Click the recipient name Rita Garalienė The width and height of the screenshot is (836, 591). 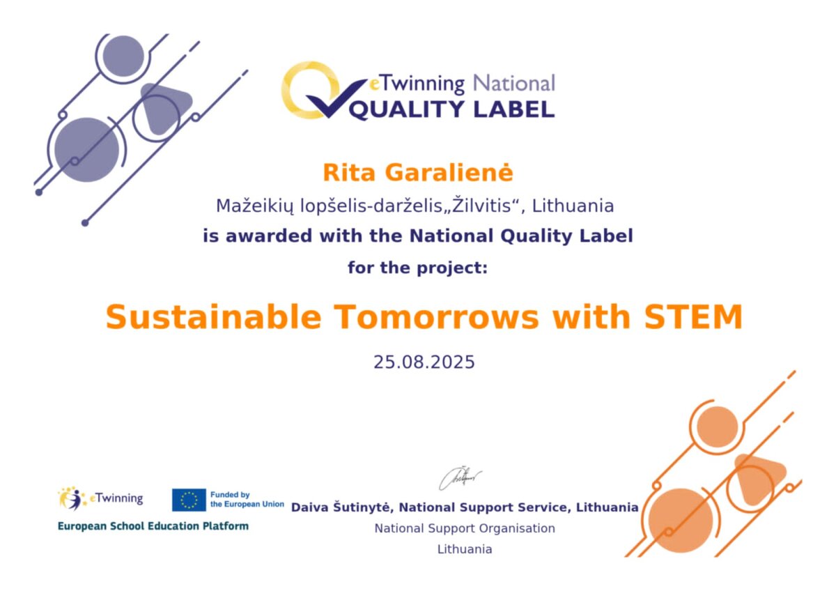click(417, 173)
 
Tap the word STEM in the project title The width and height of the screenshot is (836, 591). click(693, 317)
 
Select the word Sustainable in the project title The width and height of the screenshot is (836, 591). click(213, 317)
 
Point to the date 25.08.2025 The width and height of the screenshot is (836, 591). click(424, 362)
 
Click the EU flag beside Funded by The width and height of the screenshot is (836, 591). click(189, 500)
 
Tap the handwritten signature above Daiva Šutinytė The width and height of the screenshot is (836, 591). click(460, 478)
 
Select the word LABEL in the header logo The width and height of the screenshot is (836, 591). click(513, 109)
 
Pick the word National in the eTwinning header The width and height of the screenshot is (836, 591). click(514, 83)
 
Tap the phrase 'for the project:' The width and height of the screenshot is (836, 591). click(417, 268)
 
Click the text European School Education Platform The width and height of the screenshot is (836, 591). click(153, 526)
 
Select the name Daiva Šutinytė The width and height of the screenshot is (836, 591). click(341, 507)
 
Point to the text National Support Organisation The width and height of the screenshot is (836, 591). click(465, 528)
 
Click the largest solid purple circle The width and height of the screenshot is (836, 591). click(87, 150)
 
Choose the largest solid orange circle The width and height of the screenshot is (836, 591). click(681, 521)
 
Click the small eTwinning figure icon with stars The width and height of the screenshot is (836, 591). click(71, 498)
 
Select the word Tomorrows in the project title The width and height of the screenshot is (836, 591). click(436, 317)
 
